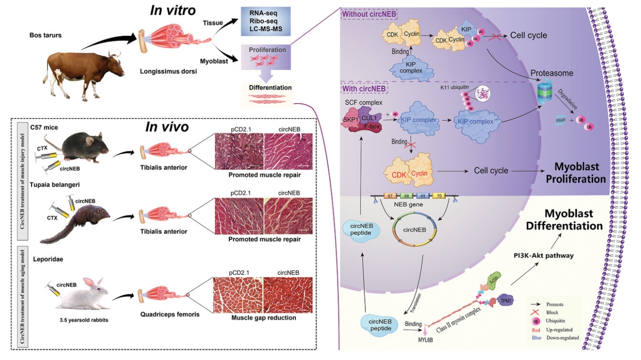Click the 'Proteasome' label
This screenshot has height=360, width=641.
coord(552,73)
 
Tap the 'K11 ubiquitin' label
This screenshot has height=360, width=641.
coord(455,87)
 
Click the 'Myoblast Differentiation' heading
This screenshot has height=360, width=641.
coord(564,220)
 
